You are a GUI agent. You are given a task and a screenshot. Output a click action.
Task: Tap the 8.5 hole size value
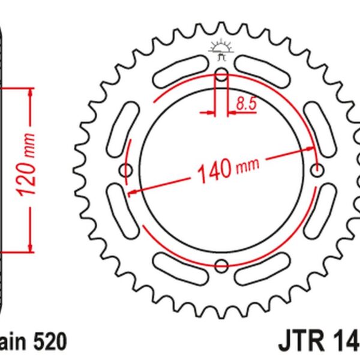tap(246, 104)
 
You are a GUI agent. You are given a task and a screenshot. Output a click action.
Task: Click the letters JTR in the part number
tap(300, 343)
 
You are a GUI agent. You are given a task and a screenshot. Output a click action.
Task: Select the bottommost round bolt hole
tap(221, 265)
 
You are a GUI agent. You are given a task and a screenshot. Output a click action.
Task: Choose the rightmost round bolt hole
tap(317, 170)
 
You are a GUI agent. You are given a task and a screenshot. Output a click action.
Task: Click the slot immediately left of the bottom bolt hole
tap(179, 265)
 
